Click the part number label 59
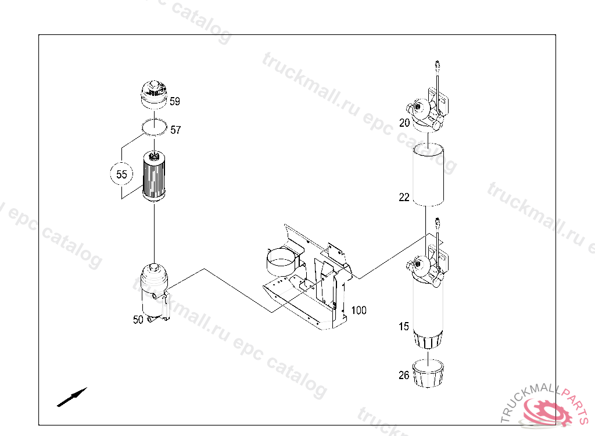click(x=174, y=101)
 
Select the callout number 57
click(x=175, y=130)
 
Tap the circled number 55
click(x=121, y=174)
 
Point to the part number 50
click(x=138, y=320)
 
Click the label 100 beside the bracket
click(x=359, y=310)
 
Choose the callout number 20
click(x=404, y=123)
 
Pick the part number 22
click(x=404, y=198)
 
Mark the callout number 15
click(x=404, y=327)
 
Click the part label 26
click(x=404, y=375)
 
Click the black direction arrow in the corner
click(x=72, y=397)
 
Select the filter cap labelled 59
click(x=153, y=94)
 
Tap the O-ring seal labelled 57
click(x=154, y=127)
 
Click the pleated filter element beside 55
click(x=153, y=176)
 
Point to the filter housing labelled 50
click(x=155, y=292)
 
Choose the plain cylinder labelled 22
click(x=428, y=175)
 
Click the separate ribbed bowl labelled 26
click(x=428, y=374)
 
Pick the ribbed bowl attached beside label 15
click(x=428, y=339)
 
